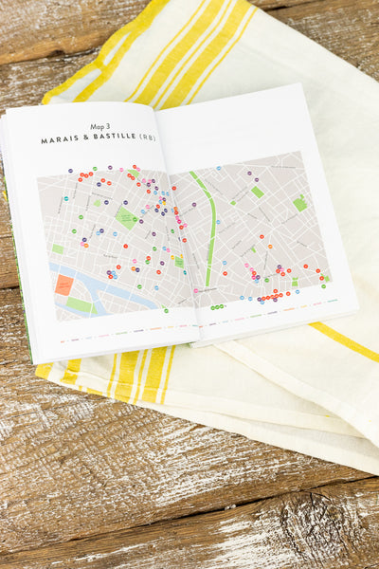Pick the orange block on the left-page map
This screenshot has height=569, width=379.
click(63, 284)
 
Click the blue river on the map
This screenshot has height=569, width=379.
click(114, 288)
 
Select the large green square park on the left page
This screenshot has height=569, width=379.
click(126, 219)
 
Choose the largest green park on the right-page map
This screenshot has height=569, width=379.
click(299, 203)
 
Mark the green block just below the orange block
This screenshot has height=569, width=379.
click(79, 305)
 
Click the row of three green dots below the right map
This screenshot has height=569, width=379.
click(218, 307)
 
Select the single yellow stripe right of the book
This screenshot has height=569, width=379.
click(346, 341)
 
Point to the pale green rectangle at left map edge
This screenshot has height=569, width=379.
click(58, 249)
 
